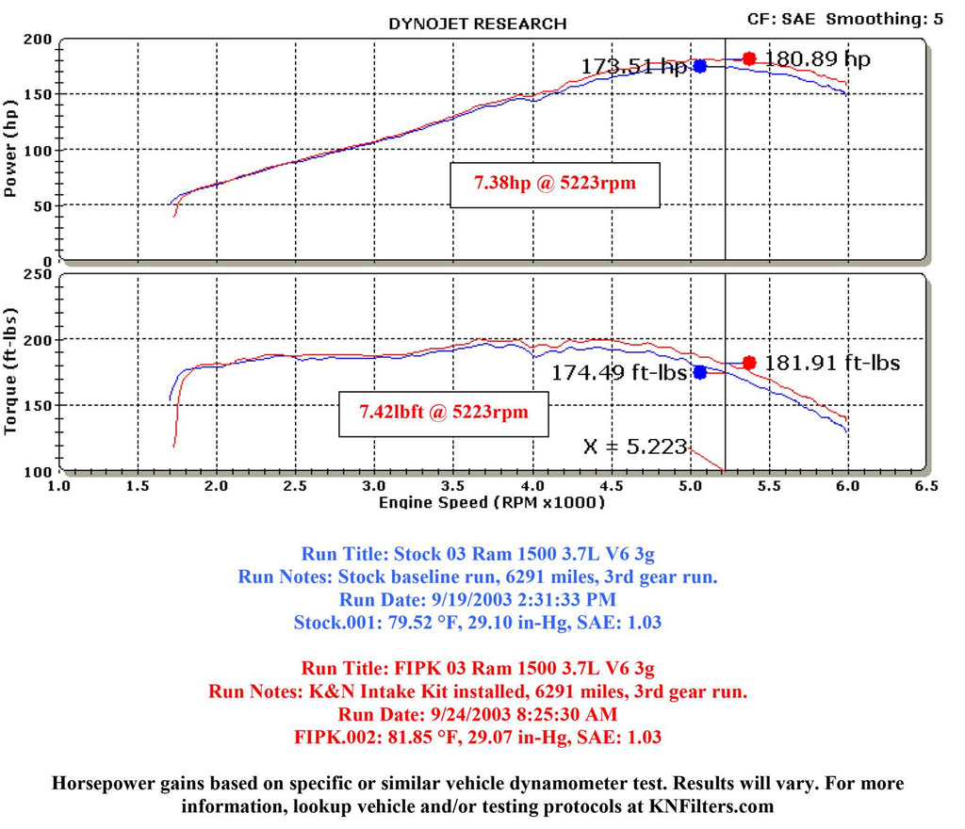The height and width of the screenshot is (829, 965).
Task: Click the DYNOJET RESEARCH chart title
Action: (x=478, y=24)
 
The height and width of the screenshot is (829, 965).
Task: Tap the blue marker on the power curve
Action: (x=700, y=66)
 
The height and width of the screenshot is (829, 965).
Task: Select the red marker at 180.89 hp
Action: (x=749, y=58)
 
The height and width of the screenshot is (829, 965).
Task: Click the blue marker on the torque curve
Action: (x=700, y=372)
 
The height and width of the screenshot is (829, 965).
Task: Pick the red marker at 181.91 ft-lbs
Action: (x=749, y=363)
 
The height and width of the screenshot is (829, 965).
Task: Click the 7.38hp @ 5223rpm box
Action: (x=554, y=184)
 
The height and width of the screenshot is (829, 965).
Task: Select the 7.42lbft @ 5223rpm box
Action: (x=443, y=412)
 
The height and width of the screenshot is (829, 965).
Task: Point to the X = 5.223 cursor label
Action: (x=635, y=447)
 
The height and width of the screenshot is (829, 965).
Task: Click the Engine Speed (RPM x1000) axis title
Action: (x=491, y=502)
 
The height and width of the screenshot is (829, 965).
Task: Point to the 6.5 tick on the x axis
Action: (x=925, y=486)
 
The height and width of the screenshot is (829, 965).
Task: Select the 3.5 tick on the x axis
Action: (x=454, y=486)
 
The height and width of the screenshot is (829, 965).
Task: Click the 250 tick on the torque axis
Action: (x=38, y=274)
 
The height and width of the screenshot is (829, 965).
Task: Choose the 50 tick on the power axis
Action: (x=42, y=205)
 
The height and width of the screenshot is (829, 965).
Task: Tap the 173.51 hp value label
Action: (x=633, y=67)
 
